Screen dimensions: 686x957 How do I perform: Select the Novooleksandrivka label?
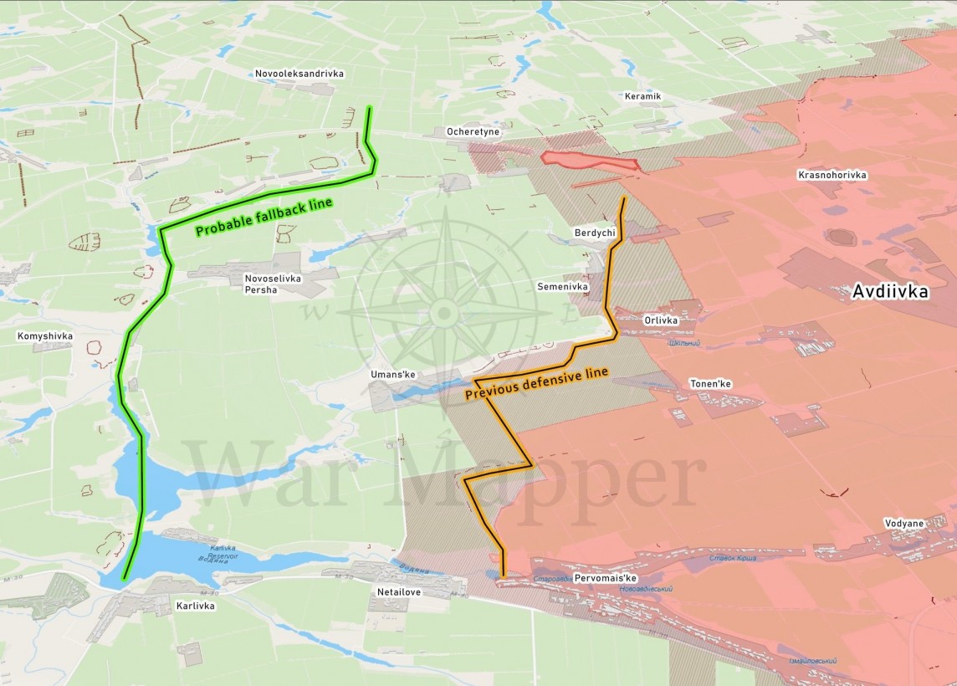pyautogui.click(x=299, y=74)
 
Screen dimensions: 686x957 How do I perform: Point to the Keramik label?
pyautogui.click(x=642, y=96)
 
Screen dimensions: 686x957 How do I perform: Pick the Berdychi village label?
pyautogui.click(x=595, y=232)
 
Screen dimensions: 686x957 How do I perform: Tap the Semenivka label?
pyautogui.click(x=562, y=286)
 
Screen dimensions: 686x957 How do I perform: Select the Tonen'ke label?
pyautogui.click(x=710, y=384)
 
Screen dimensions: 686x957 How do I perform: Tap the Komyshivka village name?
pyautogui.click(x=45, y=336)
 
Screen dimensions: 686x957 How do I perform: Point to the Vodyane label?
pyautogui.click(x=903, y=524)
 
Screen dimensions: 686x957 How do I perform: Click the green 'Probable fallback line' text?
pyautogui.click(x=264, y=217)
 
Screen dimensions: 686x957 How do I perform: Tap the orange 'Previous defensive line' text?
pyautogui.click(x=536, y=384)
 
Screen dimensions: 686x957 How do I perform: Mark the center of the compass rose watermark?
pyautogui.click(x=444, y=314)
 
